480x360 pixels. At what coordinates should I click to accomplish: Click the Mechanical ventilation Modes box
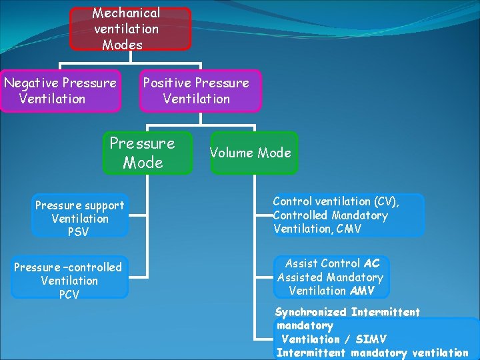[130, 29]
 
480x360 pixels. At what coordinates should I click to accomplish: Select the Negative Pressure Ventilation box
[61, 91]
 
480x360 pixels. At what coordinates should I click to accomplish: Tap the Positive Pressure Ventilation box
[200, 91]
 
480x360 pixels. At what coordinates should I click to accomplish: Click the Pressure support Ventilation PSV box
[80, 216]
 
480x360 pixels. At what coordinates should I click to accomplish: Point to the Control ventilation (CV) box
[347, 215]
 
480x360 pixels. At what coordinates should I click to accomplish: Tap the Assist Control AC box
[331, 277]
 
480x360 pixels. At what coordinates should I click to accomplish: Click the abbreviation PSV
[79, 232]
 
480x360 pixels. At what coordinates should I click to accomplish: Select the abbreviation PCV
[69, 294]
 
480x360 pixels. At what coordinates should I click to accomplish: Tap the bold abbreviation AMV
[362, 291]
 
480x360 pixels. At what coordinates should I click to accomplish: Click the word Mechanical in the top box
[126, 13]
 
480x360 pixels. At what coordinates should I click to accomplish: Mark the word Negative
[31, 83]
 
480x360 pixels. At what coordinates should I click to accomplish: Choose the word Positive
[167, 83]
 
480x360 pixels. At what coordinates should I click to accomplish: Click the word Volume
[231, 153]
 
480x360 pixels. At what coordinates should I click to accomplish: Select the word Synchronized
[311, 312]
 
